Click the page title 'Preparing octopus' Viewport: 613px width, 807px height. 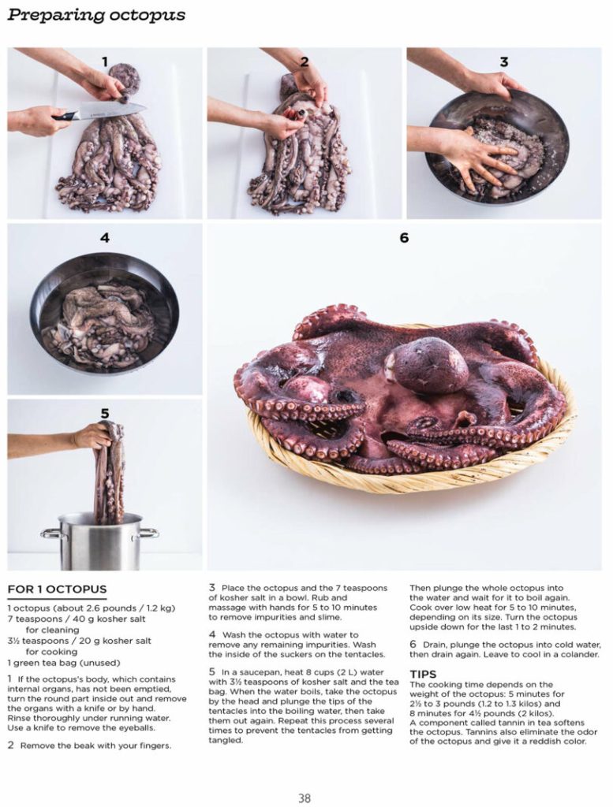pyautogui.click(x=96, y=15)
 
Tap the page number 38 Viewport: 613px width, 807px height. pyautogui.click(x=305, y=798)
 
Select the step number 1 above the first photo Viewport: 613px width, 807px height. pyautogui.click(x=104, y=61)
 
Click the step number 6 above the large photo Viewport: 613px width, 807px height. pyautogui.click(x=404, y=237)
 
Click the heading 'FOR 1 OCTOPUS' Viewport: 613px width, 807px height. pyautogui.click(x=57, y=589)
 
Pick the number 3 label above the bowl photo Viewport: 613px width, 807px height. pyautogui.click(x=504, y=61)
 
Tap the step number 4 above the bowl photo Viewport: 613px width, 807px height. pyautogui.click(x=104, y=237)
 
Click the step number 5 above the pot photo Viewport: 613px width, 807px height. pyautogui.click(x=104, y=413)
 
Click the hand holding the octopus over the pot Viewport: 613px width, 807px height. pyautogui.click(x=91, y=435)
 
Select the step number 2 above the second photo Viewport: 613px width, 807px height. pyautogui.click(x=304, y=61)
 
